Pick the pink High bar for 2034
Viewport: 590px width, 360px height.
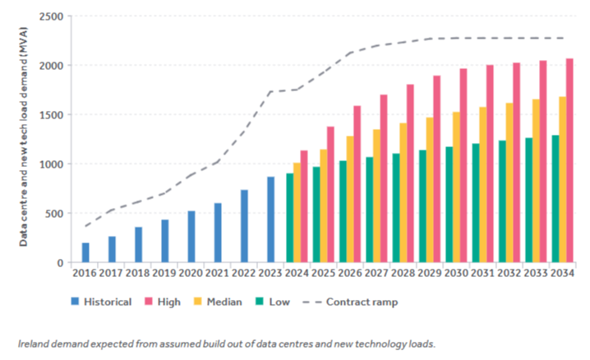point(569,160)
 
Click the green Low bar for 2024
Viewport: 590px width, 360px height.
point(289,218)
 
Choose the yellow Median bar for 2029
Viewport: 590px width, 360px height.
point(430,190)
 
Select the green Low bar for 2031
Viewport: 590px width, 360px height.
point(476,203)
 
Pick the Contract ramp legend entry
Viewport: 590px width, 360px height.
point(362,302)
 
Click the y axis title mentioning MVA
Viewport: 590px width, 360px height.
point(25,136)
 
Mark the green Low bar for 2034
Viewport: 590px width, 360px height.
point(555,199)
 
